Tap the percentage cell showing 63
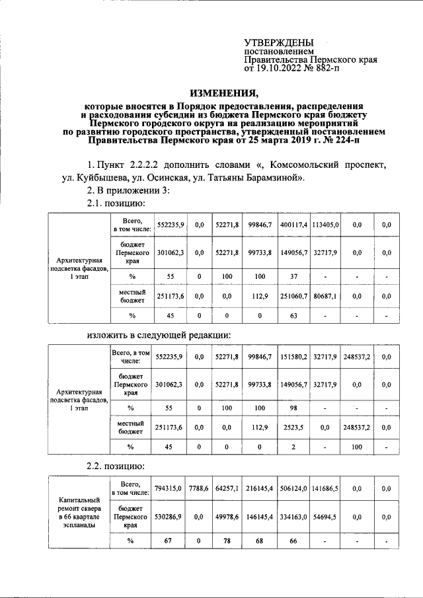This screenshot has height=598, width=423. (294, 316)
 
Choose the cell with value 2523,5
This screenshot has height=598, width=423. (294, 428)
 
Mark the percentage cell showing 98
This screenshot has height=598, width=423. (294, 408)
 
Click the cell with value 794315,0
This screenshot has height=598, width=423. (169, 490)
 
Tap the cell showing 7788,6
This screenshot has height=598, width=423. (199, 490)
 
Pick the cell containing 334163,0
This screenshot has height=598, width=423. (294, 517)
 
